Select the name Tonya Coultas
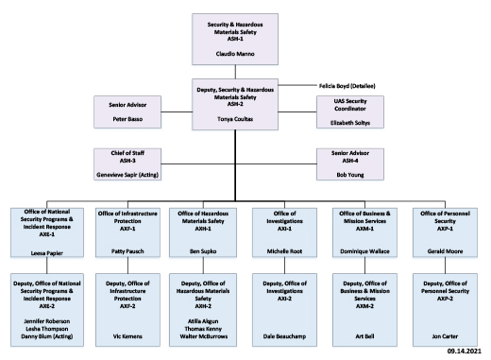[245, 121]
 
